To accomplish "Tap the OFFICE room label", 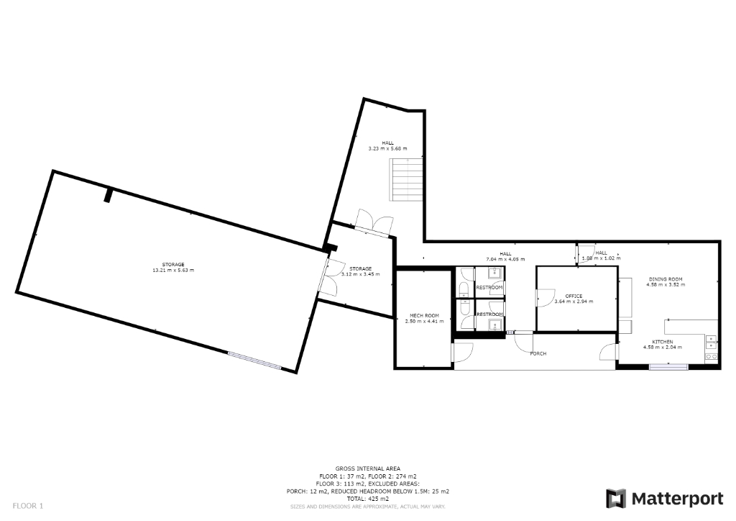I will tap(574, 296).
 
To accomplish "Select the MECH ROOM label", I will tap(424, 316).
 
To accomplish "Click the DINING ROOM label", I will tap(665, 278).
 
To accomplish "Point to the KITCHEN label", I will tap(662, 341).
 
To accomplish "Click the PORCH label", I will tap(538, 353).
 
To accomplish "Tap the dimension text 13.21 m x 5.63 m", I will tap(173, 270).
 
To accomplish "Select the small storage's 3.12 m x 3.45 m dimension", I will tap(360, 274).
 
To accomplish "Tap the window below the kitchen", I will tap(668, 367).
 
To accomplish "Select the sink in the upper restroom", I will tap(494, 272).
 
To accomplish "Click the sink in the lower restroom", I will tap(494, 325).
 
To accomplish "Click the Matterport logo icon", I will tap(616, 498).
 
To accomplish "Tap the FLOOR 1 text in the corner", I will tap(28, 506).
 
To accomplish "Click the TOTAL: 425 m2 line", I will tap(367, 499).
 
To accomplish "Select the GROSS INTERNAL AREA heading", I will tap(367, 468).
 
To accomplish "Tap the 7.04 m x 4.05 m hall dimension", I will tap(505, 258).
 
